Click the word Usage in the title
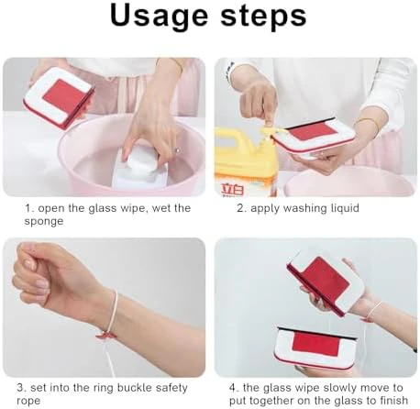tap(159, 17)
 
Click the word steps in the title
tap(263, 17)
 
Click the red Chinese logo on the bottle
tap(233, 190)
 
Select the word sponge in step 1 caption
tap(44, 221)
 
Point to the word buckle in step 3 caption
tap(135, 388)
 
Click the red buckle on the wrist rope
tap(105, 336)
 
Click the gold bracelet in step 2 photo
tap(370, 126)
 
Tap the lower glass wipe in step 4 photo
tap(315, 348)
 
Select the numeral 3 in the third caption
tap(20, 388)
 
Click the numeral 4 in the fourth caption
tap(233, 388)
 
